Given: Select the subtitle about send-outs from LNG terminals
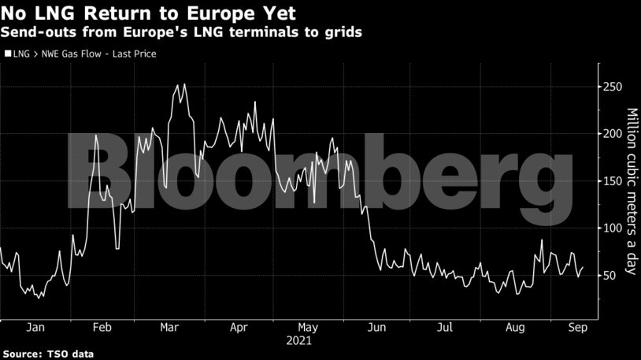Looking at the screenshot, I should point(181,33).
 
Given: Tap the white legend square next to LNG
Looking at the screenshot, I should point(8,54).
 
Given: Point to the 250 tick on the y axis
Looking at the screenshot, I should point(612,87).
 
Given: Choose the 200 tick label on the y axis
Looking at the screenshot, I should point(612,134).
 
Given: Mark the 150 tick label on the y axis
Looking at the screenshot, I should point(612,181).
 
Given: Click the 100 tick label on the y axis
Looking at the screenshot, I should point(612,228).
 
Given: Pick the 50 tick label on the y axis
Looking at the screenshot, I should point(609,276).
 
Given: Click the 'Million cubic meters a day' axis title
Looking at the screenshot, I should point(631,191).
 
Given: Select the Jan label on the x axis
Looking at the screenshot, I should point(35,327).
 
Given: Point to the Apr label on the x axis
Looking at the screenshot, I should point(239,327).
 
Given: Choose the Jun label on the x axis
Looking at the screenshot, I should point(377,327).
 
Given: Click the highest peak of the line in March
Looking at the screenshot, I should point(184,84).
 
